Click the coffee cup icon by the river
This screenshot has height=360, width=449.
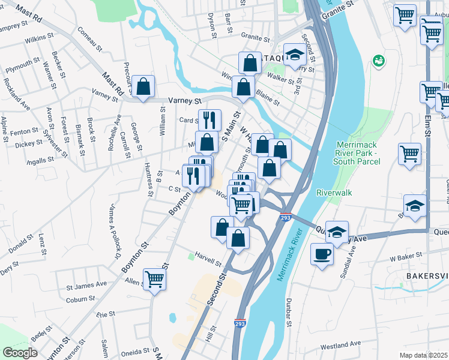[x=322, y=254]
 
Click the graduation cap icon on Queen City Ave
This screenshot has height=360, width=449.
[x=338, y=232]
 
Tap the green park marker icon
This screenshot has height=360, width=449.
[x=378, y=60]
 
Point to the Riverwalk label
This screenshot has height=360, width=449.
[x=334, y=193]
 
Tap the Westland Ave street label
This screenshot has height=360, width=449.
[x=340, y=344]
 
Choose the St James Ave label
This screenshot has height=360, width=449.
[x=86, y=283]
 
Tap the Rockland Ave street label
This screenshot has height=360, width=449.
[x=16, y=94]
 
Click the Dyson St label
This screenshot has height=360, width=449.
[x=211, y=25]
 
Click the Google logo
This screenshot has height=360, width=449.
[x=20, y=353]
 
